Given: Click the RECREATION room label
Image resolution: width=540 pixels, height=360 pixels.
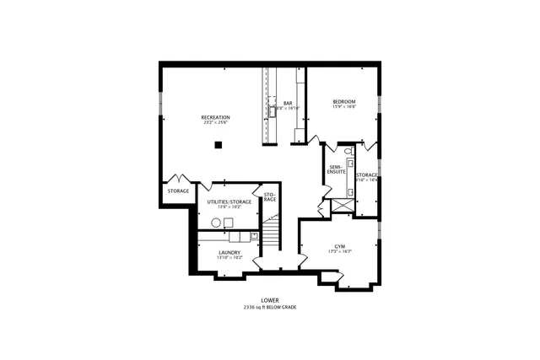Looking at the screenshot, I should tap(215, 116).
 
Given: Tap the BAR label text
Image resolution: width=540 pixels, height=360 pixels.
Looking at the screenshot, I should tap(287, 103).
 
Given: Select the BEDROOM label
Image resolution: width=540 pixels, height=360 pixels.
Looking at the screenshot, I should tap(343, 101).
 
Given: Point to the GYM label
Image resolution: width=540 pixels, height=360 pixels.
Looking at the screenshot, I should tap(340, 246).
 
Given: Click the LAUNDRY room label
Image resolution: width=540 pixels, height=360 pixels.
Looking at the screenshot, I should tap(229, 251).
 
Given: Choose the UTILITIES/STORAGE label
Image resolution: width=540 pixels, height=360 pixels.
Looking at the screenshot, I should tap(229, 201).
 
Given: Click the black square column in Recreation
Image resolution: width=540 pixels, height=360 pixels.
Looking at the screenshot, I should tap(218, 145).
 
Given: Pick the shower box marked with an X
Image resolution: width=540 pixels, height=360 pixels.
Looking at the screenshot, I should tap(343, 204).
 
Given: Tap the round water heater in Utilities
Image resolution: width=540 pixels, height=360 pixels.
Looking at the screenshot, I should tap(215, 222).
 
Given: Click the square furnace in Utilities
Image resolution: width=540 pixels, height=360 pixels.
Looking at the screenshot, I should tap(229, 222).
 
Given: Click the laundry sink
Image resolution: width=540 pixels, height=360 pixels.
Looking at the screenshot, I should tap(252, 235).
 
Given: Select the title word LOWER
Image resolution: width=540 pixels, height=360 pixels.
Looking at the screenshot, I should tap(270, 299).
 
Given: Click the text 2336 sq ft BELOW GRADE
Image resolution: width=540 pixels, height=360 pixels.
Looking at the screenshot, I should tap(270, 307).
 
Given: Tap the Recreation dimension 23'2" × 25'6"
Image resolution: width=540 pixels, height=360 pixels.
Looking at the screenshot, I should tap(215, 122).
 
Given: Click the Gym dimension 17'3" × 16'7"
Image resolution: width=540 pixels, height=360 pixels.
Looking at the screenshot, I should tap(340, 252).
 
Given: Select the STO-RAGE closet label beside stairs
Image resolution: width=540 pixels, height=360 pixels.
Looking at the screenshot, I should tap(270, 197).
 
